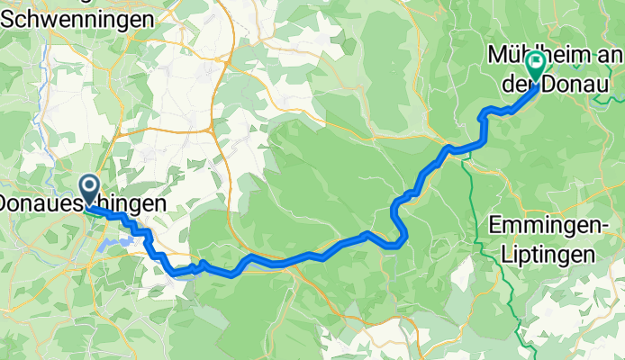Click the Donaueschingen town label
pyautogui.click(x=83, y=205)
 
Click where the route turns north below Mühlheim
pyautogui.click(x=484, y=142)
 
